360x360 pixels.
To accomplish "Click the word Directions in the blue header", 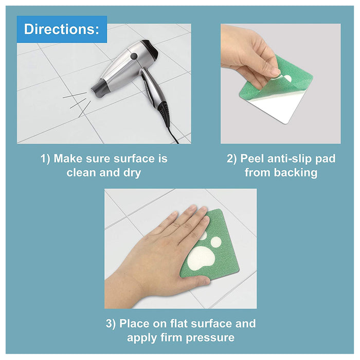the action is point(62,29).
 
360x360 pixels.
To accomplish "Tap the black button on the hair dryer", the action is point(134,56).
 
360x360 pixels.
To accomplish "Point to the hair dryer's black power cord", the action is point(173,135).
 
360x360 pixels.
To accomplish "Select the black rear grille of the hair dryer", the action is point(150,48).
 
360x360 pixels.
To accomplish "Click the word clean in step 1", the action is point(81,172).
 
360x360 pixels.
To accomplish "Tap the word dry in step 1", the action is point(132,173).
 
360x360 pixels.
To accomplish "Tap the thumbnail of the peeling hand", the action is point(275,72).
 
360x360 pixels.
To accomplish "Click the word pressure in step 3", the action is point(210,338).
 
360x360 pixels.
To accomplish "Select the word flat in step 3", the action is point(178,323).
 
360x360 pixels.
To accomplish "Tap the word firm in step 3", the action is point(171,337).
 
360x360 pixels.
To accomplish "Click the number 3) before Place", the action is point(111,323).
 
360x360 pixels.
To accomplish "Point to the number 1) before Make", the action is point(45,158).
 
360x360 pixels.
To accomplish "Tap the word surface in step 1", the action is point(134,159).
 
